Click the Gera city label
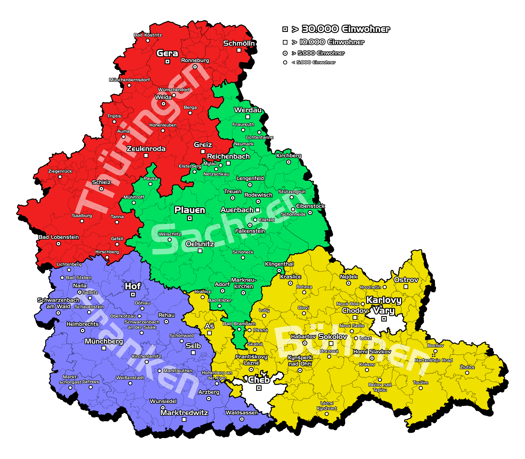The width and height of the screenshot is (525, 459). point(167,53)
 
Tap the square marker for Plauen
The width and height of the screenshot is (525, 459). point(190,218)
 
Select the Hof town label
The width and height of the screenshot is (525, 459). point(133,286)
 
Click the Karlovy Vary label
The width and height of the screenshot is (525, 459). point(384,305)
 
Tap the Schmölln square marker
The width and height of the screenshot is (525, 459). point(239,50)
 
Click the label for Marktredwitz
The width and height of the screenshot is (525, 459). point(184,413)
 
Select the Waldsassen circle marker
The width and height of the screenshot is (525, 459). point(242,419)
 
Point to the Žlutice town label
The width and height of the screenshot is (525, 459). point(467,367)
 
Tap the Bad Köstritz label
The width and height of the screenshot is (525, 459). point(148,35)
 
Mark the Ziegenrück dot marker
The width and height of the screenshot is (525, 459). point(60,177)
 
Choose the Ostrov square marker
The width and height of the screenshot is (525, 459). point(406,287)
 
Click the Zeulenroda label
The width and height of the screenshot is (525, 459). point(146,149)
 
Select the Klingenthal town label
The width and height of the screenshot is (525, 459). point(279,264)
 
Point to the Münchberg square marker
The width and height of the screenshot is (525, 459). point(104,348)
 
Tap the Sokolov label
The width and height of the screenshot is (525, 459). point(332,337)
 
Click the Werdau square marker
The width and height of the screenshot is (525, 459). point(248,117)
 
